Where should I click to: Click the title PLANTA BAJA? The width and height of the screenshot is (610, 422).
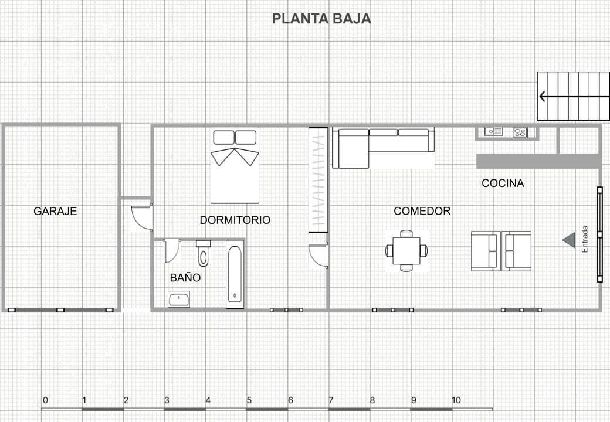321,19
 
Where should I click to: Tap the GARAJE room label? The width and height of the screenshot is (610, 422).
55,211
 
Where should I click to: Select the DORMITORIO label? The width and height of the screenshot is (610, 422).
235,220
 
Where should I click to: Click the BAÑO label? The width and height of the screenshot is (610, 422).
185,277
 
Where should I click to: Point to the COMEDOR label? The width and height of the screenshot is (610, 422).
422,211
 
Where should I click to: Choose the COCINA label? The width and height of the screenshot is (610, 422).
503,183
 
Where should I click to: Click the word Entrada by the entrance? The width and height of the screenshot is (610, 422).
585,239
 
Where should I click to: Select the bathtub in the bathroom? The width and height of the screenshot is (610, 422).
235,274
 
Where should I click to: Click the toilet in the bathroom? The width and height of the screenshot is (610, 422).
203,253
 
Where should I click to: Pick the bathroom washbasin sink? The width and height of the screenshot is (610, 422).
179,299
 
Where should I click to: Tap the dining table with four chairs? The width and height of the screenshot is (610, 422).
406,251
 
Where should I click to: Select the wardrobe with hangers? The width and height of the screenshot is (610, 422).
318,179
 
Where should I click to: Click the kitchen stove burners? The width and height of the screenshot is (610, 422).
520,132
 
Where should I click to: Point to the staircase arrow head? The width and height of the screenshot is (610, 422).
543,96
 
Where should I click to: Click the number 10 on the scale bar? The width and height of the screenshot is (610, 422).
456,400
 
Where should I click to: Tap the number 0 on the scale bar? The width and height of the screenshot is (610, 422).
45,400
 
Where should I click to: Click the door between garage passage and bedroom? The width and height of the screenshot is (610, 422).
143,216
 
